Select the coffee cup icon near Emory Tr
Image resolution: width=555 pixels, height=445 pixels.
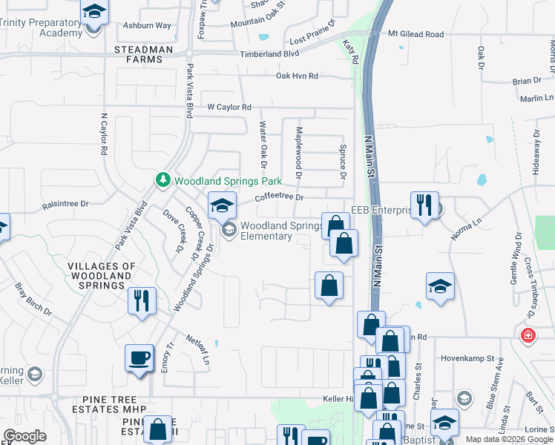(139, 359)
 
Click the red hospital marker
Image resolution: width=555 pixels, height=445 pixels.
(528, 334)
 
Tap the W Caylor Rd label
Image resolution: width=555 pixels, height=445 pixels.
(229, 107)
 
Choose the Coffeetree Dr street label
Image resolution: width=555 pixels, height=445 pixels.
(280, 197)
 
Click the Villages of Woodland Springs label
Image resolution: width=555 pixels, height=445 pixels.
(102, 275)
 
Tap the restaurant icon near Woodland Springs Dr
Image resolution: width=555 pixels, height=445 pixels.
(141, 301)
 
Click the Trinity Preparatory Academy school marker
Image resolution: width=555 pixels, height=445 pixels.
(94, 13)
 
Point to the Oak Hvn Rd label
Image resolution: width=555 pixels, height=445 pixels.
(297, 76)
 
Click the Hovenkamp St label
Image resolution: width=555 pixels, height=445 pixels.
(469, 358)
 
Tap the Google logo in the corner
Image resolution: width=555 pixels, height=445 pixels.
(24, 436)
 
